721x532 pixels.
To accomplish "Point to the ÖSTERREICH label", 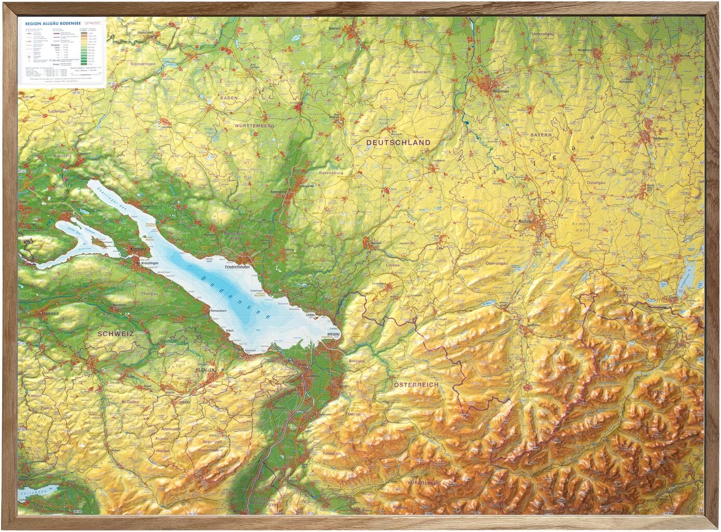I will pos(416,385).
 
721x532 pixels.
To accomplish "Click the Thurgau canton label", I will pos(149,294).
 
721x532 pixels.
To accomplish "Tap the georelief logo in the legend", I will pos(94,23).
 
